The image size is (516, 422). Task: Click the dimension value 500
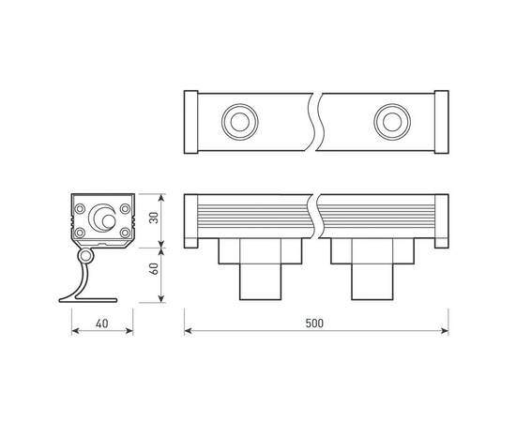point(314,323)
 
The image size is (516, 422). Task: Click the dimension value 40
point(99,323)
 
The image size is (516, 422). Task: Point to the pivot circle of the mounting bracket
point(87,255)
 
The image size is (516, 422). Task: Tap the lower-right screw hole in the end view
point(124,231)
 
